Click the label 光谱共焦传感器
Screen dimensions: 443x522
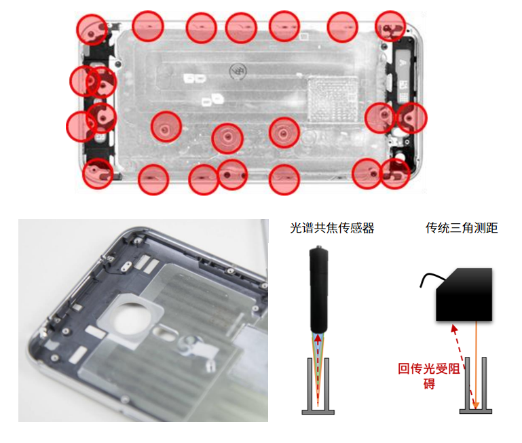tap(332, 229)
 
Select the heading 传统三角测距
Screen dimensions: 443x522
tap(462, 229)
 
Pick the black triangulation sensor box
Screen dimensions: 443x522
tap(464, 294)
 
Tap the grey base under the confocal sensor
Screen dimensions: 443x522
tap(318, 410)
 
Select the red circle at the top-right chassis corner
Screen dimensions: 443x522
tap(390, 25)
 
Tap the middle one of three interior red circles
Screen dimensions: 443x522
tap(227, 138)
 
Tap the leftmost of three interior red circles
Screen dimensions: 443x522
tap(166, 127)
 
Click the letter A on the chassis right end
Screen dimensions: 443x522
tap(403, 60)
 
